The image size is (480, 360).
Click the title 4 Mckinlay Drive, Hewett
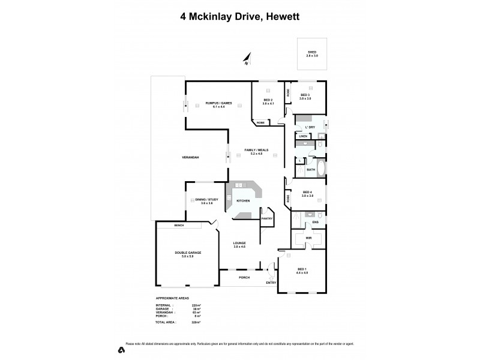pos(240,17)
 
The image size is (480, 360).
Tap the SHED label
pos(312,52)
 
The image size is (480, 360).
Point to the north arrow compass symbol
pos(246,59)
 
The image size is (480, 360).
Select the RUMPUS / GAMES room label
pos(214,103)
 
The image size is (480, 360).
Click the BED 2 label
pos(268,100)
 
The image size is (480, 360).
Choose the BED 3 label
pos(305,95)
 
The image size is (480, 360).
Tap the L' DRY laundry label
pos(310,127)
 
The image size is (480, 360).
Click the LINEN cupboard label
pos(303,137)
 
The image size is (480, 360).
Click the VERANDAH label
pos(191,157)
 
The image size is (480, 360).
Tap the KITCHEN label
pos(243,200)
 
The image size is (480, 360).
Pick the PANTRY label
pos(267,218)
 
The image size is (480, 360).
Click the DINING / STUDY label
pos(203,199)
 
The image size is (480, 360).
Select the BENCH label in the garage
pos(179,226)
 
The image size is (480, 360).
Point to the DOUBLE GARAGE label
pos(188,253)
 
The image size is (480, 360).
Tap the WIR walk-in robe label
pos(309,238)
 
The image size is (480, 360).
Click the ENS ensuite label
pos(315,223)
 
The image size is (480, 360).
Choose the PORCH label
pos(244,277)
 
